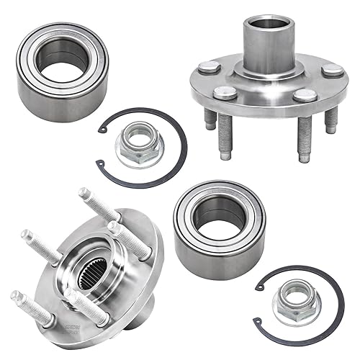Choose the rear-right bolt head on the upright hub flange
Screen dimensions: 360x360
point(333,70)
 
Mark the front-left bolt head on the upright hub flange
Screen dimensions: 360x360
point(225,93)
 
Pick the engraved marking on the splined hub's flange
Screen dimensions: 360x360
point(136,292)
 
